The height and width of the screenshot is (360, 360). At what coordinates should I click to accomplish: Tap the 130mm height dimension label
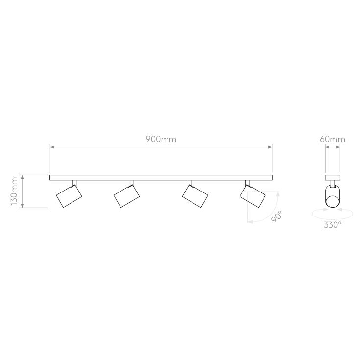pyautogui.click(x=14, y=191)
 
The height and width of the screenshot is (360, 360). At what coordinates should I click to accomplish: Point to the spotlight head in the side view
pyautogui.click(x=333, y=199)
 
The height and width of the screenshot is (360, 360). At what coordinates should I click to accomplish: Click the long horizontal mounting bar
pyautogui.click(x=161, y=177)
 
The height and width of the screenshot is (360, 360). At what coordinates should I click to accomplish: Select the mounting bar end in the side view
pyautogui.click(x=333, y=177)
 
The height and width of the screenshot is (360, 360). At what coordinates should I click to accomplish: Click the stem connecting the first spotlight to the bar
pyautogui.click(x=74, y=183)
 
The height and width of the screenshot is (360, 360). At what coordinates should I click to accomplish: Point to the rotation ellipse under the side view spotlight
pyautogui.click(x=333, y=214)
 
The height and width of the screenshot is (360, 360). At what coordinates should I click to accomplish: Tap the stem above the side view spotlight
pyautogui.click(x=333, y=184)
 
